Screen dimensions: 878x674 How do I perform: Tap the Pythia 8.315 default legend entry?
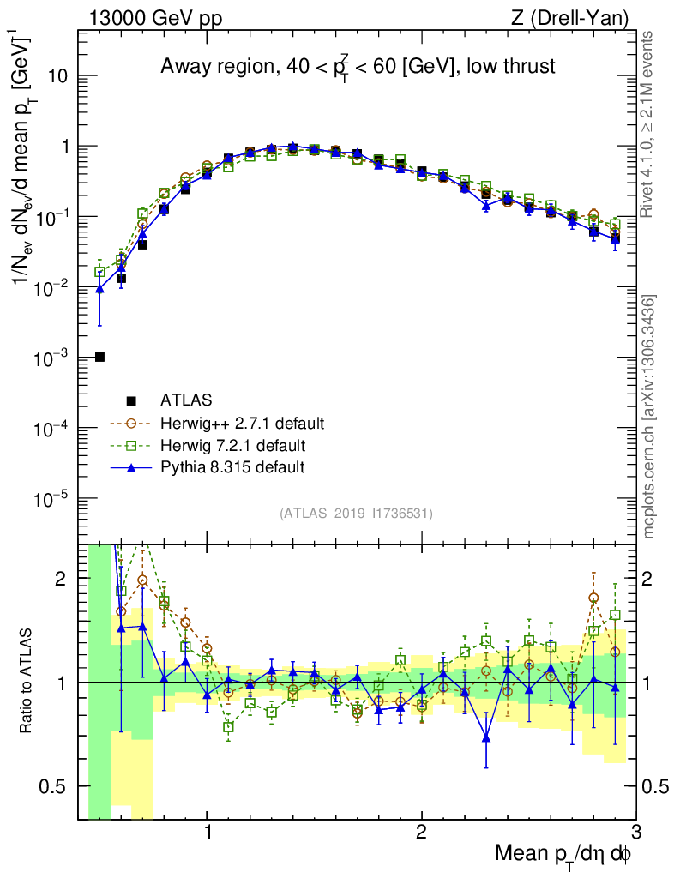[232, 467]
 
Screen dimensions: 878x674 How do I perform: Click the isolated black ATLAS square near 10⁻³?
[100, 357]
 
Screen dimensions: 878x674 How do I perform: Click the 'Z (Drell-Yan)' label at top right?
[578, 16]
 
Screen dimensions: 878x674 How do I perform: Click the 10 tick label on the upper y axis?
[57, 76]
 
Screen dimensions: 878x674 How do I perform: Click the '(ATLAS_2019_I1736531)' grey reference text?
[356, 514]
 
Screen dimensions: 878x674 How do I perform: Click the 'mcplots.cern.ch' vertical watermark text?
[649, 412]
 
